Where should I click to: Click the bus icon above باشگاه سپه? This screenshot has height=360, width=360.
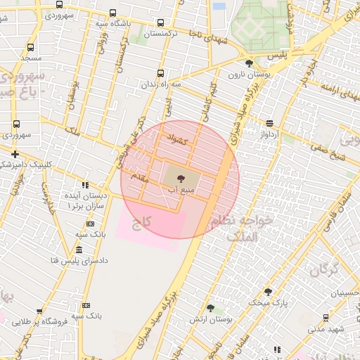click(x=113, y=13)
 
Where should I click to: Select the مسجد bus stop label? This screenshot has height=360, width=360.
click(x=32, y=57)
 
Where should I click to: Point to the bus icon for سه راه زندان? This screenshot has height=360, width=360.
click(x=161, y=73)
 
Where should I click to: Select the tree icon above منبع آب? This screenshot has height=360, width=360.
click(x=181, y=179)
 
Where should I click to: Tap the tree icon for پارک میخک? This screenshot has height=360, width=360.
click(x=268, y=292)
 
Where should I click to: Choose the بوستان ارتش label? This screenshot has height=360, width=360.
click(x=210, y=319)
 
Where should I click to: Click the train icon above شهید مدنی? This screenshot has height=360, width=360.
click(x=326, y=318)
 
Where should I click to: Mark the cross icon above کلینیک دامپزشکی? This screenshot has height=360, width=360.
click(x=15, y=153)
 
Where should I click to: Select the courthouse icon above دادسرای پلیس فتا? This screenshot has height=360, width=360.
click(x=78, y=250)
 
